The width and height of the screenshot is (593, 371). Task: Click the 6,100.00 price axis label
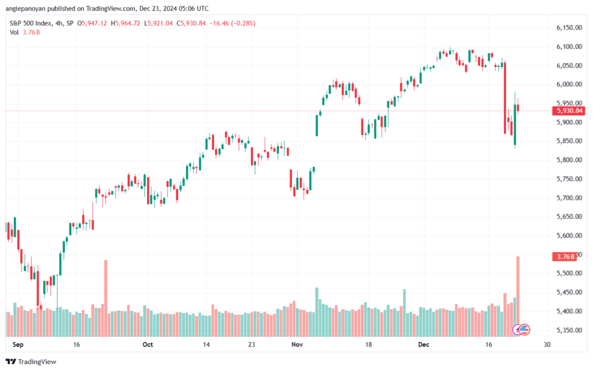(x=569, y=46)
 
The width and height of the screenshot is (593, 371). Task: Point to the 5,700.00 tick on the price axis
(x=569, y=197)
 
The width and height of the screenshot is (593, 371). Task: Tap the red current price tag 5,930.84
(x=569, y=111)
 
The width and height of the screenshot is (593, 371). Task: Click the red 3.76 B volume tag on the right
(x=564, y=256)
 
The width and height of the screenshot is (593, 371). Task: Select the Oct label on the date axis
(x=148, y=344)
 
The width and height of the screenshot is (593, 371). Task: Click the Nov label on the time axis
(x=297, y=344)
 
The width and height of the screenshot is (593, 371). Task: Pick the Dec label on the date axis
(x=423, y=344)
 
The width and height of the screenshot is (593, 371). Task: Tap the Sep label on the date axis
(x=18, y=344)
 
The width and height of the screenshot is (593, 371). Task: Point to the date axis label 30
(x=547, y=344)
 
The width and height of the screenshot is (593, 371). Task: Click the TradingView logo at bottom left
(x=31, y=362)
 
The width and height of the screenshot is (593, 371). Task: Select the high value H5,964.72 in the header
(x=126, y=23)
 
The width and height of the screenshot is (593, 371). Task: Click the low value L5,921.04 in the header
(x=159, y=23)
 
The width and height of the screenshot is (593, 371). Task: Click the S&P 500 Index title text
(x=31, y=23)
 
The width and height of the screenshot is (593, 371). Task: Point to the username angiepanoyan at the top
(x=25, y=8)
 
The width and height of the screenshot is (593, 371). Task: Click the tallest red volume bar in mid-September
(x=106, y=298)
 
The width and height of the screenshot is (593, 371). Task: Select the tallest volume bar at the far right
(x=518, y=296)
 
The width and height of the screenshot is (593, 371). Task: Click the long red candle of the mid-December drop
(x=505, y=98)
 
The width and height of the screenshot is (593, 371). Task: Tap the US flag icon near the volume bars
(x=524, y=330)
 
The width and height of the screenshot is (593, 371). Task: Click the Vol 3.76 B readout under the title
(x=25, y=32)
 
